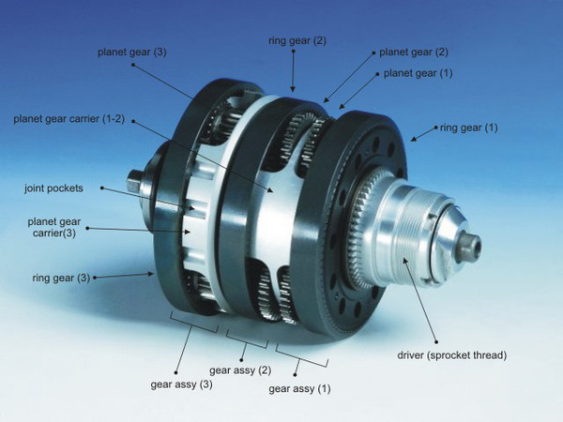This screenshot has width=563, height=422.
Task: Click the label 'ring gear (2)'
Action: [297, 40]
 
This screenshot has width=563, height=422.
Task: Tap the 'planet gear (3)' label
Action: [132, 53]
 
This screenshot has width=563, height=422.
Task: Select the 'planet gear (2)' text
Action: [414, 53]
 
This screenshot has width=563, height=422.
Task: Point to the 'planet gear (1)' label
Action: [418, 73]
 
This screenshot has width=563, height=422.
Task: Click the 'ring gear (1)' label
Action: [469, 128]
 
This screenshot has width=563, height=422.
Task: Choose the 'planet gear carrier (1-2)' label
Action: [68, 119]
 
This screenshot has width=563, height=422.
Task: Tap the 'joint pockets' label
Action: [53, 188]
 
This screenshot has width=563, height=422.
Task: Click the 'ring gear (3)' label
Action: [61, 279]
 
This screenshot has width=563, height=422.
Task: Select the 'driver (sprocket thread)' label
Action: [451, 355]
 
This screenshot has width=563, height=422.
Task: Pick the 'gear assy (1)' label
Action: [299, 389]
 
